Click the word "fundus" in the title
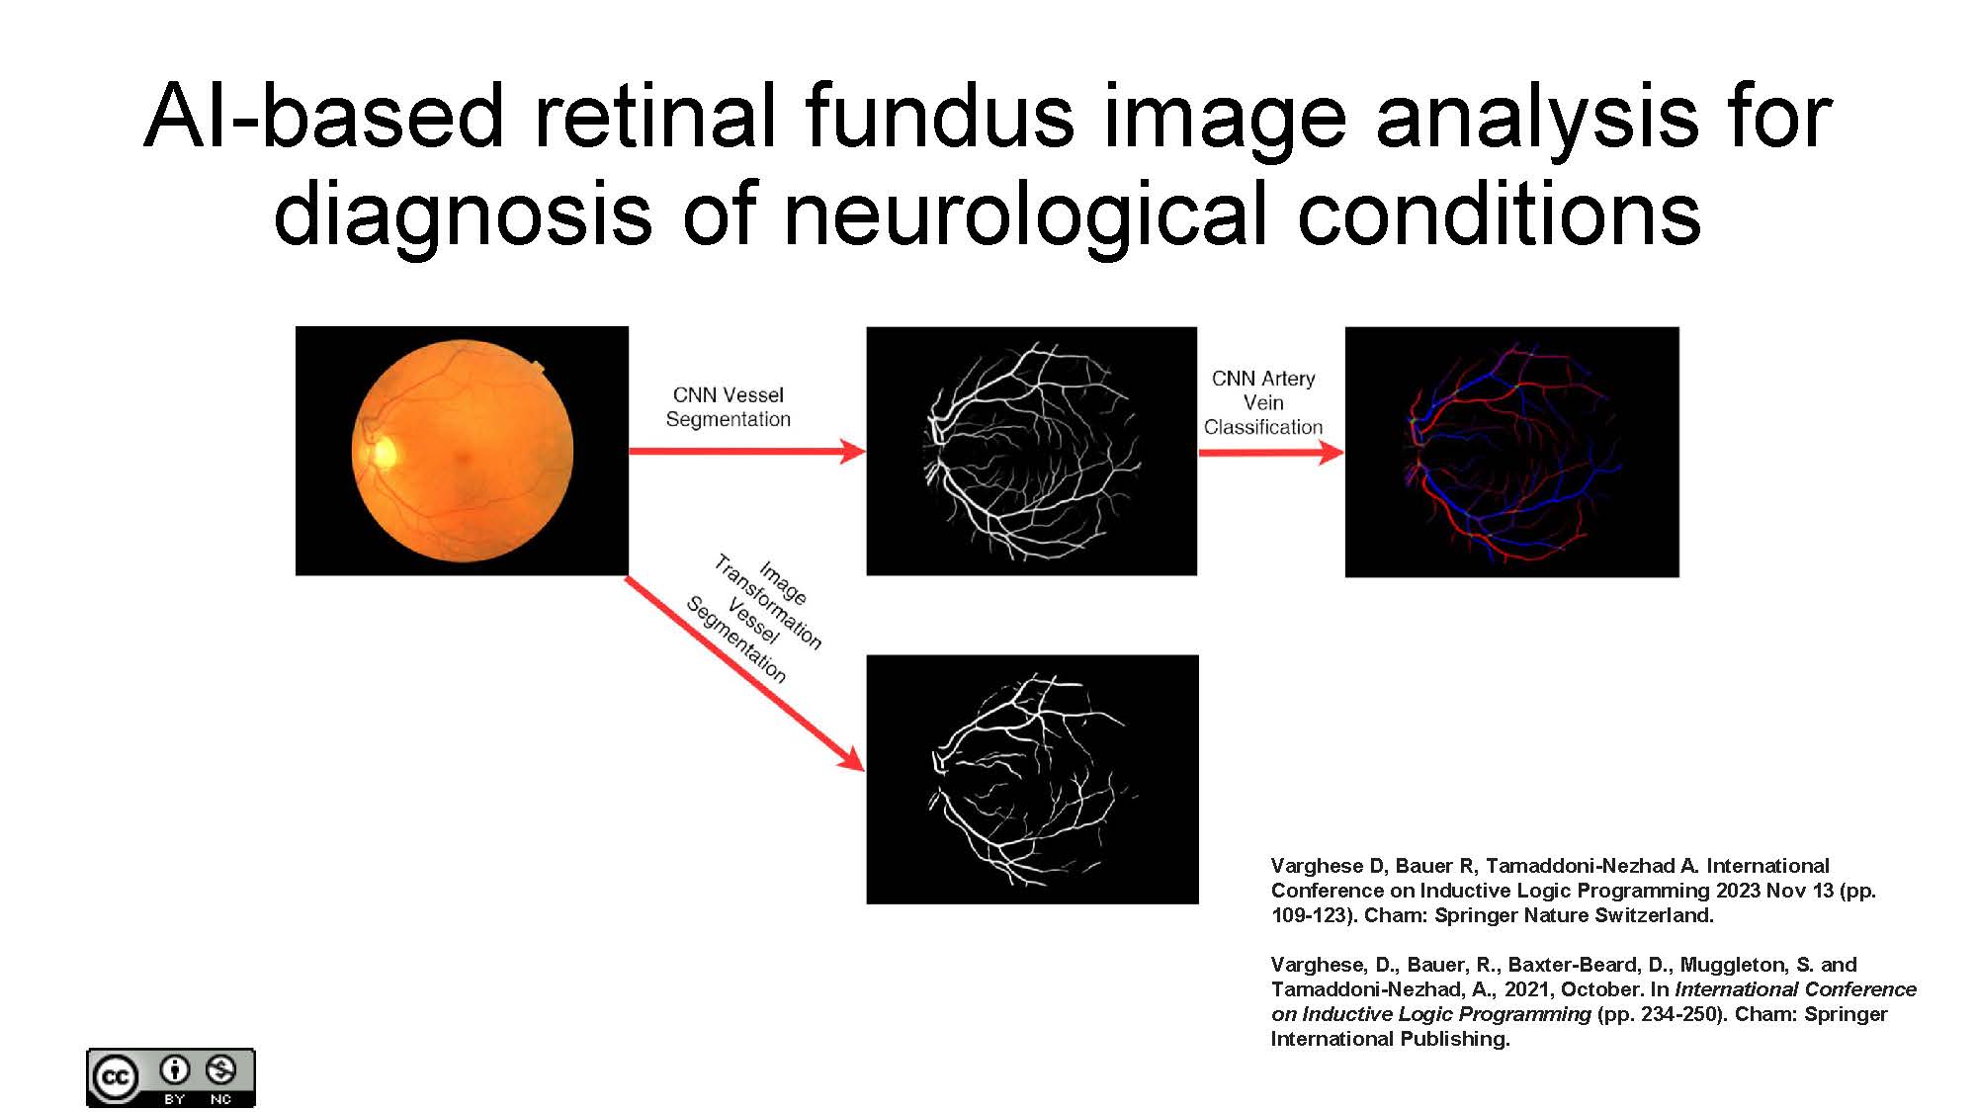[939, 117]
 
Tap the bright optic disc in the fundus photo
[383, 452]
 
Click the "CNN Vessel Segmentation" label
[729, 407]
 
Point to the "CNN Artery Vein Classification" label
[1263, 402]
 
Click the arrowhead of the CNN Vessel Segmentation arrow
[852, 452]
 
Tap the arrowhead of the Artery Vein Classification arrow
[1332, 453]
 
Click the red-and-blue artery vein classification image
[1511, 452]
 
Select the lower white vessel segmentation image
[1032, 779]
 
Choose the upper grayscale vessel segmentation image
[1031, 451]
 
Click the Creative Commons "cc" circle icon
[115, 1077]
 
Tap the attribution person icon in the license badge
[175, 1069]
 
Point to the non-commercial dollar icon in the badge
[220, 1069]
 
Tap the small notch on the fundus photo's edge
[538, 368]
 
